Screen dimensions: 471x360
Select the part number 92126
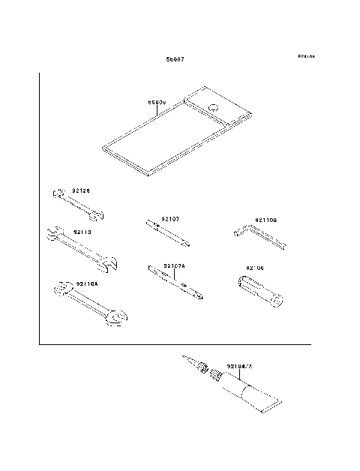pyautogui.click(x=81, y=190)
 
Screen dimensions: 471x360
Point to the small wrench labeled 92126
pyautogui.click(x=79, y=205)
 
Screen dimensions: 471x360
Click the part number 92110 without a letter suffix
pyautogui.click(x=82, y=232)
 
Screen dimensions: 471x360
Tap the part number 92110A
pyautogui.click(x=86, y=283)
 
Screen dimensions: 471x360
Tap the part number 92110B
pyautogui.click(x=266, y=220)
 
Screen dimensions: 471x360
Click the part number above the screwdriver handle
pyautogui.click(x=256, y=267)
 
